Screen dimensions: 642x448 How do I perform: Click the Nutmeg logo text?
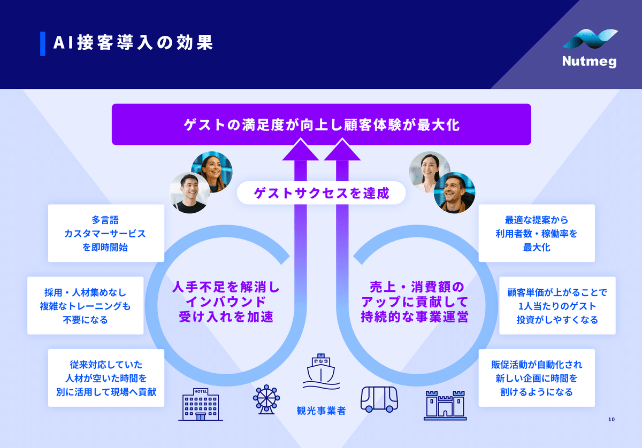click(x=589, y=61)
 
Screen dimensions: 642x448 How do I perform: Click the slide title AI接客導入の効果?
click(x=133, y=43)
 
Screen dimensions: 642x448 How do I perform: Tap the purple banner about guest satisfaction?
click(x=322, y=125)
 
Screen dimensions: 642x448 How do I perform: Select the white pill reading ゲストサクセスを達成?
click(x=322, y=193)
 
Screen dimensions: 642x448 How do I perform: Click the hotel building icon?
click(x=201, y=405)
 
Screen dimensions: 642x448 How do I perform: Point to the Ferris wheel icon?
click(x=266, y=399)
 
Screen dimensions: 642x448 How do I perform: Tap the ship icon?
click(x=322, y=371)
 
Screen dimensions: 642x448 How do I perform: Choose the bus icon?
click(x=379, y=399)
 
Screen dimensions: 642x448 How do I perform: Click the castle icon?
click(x=445, y=406)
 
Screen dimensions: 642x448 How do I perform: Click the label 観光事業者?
click(x=322, y=411)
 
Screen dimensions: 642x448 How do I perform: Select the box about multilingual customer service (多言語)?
click(x=106, y=233)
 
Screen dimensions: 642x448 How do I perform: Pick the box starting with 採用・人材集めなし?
click(x=86, y=306)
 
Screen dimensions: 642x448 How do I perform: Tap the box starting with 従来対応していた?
click(x=106, y=378)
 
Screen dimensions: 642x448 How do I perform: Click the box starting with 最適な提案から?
click(x=537, y=233)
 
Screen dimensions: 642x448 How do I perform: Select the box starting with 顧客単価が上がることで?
click(x=557, y=306)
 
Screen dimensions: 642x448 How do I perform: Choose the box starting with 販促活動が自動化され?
click(x=537, y=378)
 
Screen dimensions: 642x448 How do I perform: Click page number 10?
click(x=612, y=419)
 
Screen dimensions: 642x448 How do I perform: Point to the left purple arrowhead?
click(x=301, y=150)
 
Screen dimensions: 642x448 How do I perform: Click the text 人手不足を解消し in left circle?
click(x=226, y=287)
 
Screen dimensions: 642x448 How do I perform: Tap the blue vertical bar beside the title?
click(x=43, y=43)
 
